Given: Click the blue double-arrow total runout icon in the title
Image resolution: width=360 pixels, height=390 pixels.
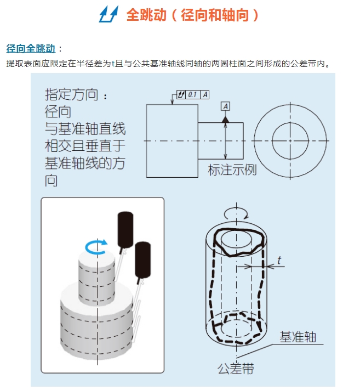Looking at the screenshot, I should coord(108,15).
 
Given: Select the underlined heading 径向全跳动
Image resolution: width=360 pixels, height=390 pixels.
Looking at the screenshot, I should coord(31,48).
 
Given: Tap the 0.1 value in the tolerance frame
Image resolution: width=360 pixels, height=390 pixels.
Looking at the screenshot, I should coord(192,95).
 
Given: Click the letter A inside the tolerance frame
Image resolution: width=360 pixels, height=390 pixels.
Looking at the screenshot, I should coord(205,95).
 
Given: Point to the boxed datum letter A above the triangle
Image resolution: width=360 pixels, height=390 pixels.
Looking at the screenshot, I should coord(226,105).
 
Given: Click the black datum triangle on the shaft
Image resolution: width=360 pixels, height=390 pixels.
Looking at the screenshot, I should coord(226,117).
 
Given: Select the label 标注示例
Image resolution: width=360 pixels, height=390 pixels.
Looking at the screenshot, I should coord(232,169).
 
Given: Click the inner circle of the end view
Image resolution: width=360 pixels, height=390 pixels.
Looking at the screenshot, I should coord(290,140).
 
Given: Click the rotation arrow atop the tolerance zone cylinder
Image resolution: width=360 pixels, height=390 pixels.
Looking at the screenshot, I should coord(236,213).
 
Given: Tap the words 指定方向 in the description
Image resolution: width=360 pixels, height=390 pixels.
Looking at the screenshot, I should coord(72,94).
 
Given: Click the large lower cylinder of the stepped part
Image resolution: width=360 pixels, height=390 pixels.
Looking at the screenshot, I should coord(98,324).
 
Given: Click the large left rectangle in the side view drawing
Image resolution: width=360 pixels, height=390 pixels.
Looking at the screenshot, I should coord(172,140).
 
